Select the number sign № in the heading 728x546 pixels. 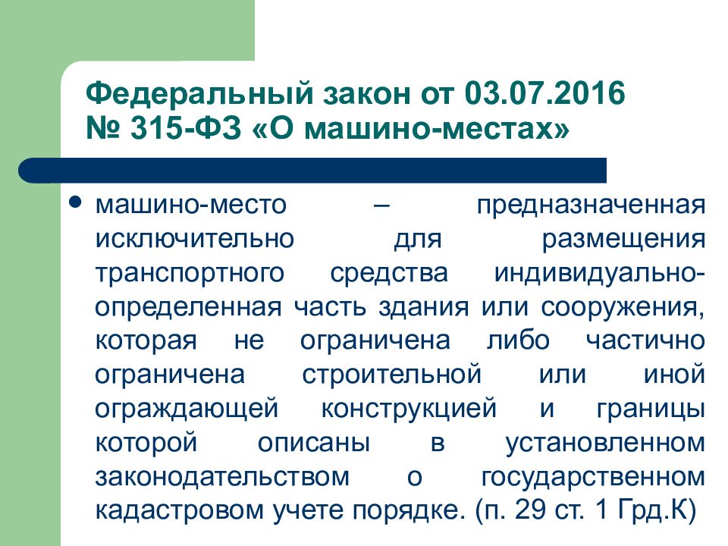pyautogui.click(x=108, y=130)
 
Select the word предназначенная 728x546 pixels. pyautogui.click(x=592, y=206)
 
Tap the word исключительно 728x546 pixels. pyautogui.click(x=195, y=239)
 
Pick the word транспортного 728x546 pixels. pyautogui.click(x=192, y=274)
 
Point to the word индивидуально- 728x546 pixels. pyautogui.click(x=600, y=274)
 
